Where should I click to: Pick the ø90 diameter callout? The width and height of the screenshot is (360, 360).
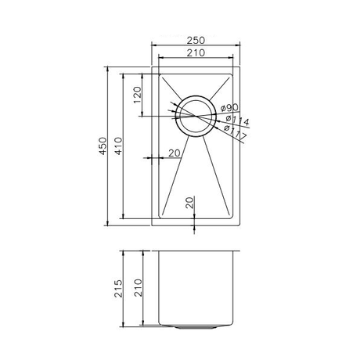229,108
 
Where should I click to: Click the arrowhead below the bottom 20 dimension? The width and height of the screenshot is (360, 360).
195,228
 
